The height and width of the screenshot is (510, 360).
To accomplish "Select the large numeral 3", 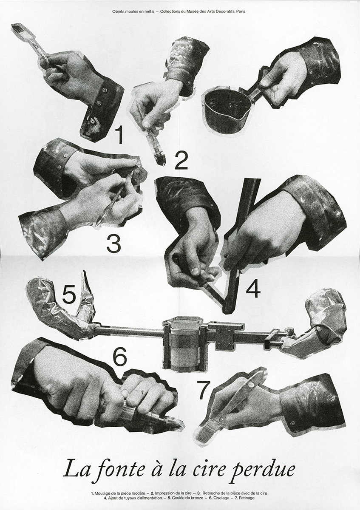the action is [113, 244].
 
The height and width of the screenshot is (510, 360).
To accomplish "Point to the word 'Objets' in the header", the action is [120, 11].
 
